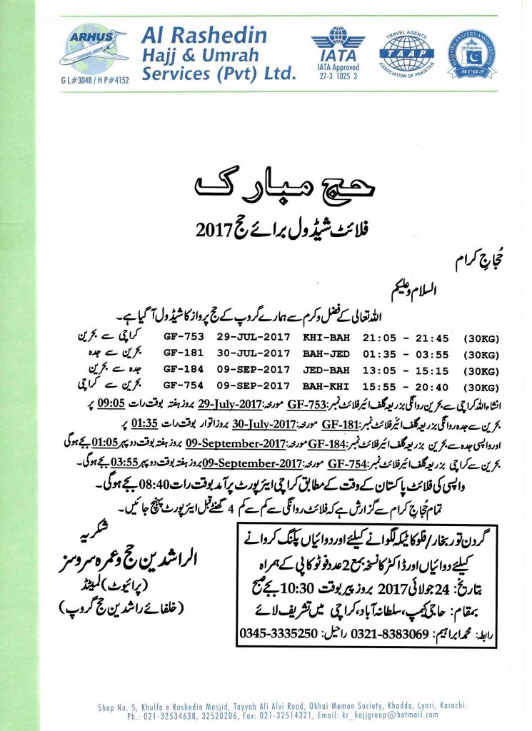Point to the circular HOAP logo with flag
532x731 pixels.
click(x=473, y=54)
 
